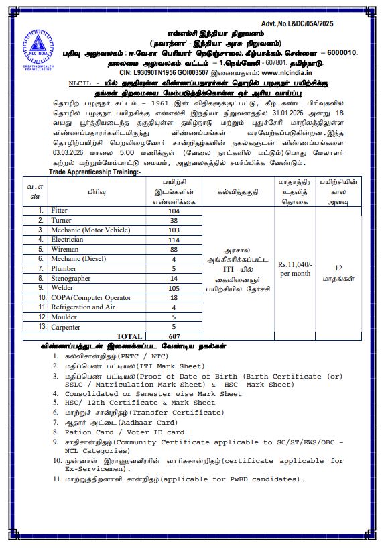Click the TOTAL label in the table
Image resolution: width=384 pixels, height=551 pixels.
tap(129, 336)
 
